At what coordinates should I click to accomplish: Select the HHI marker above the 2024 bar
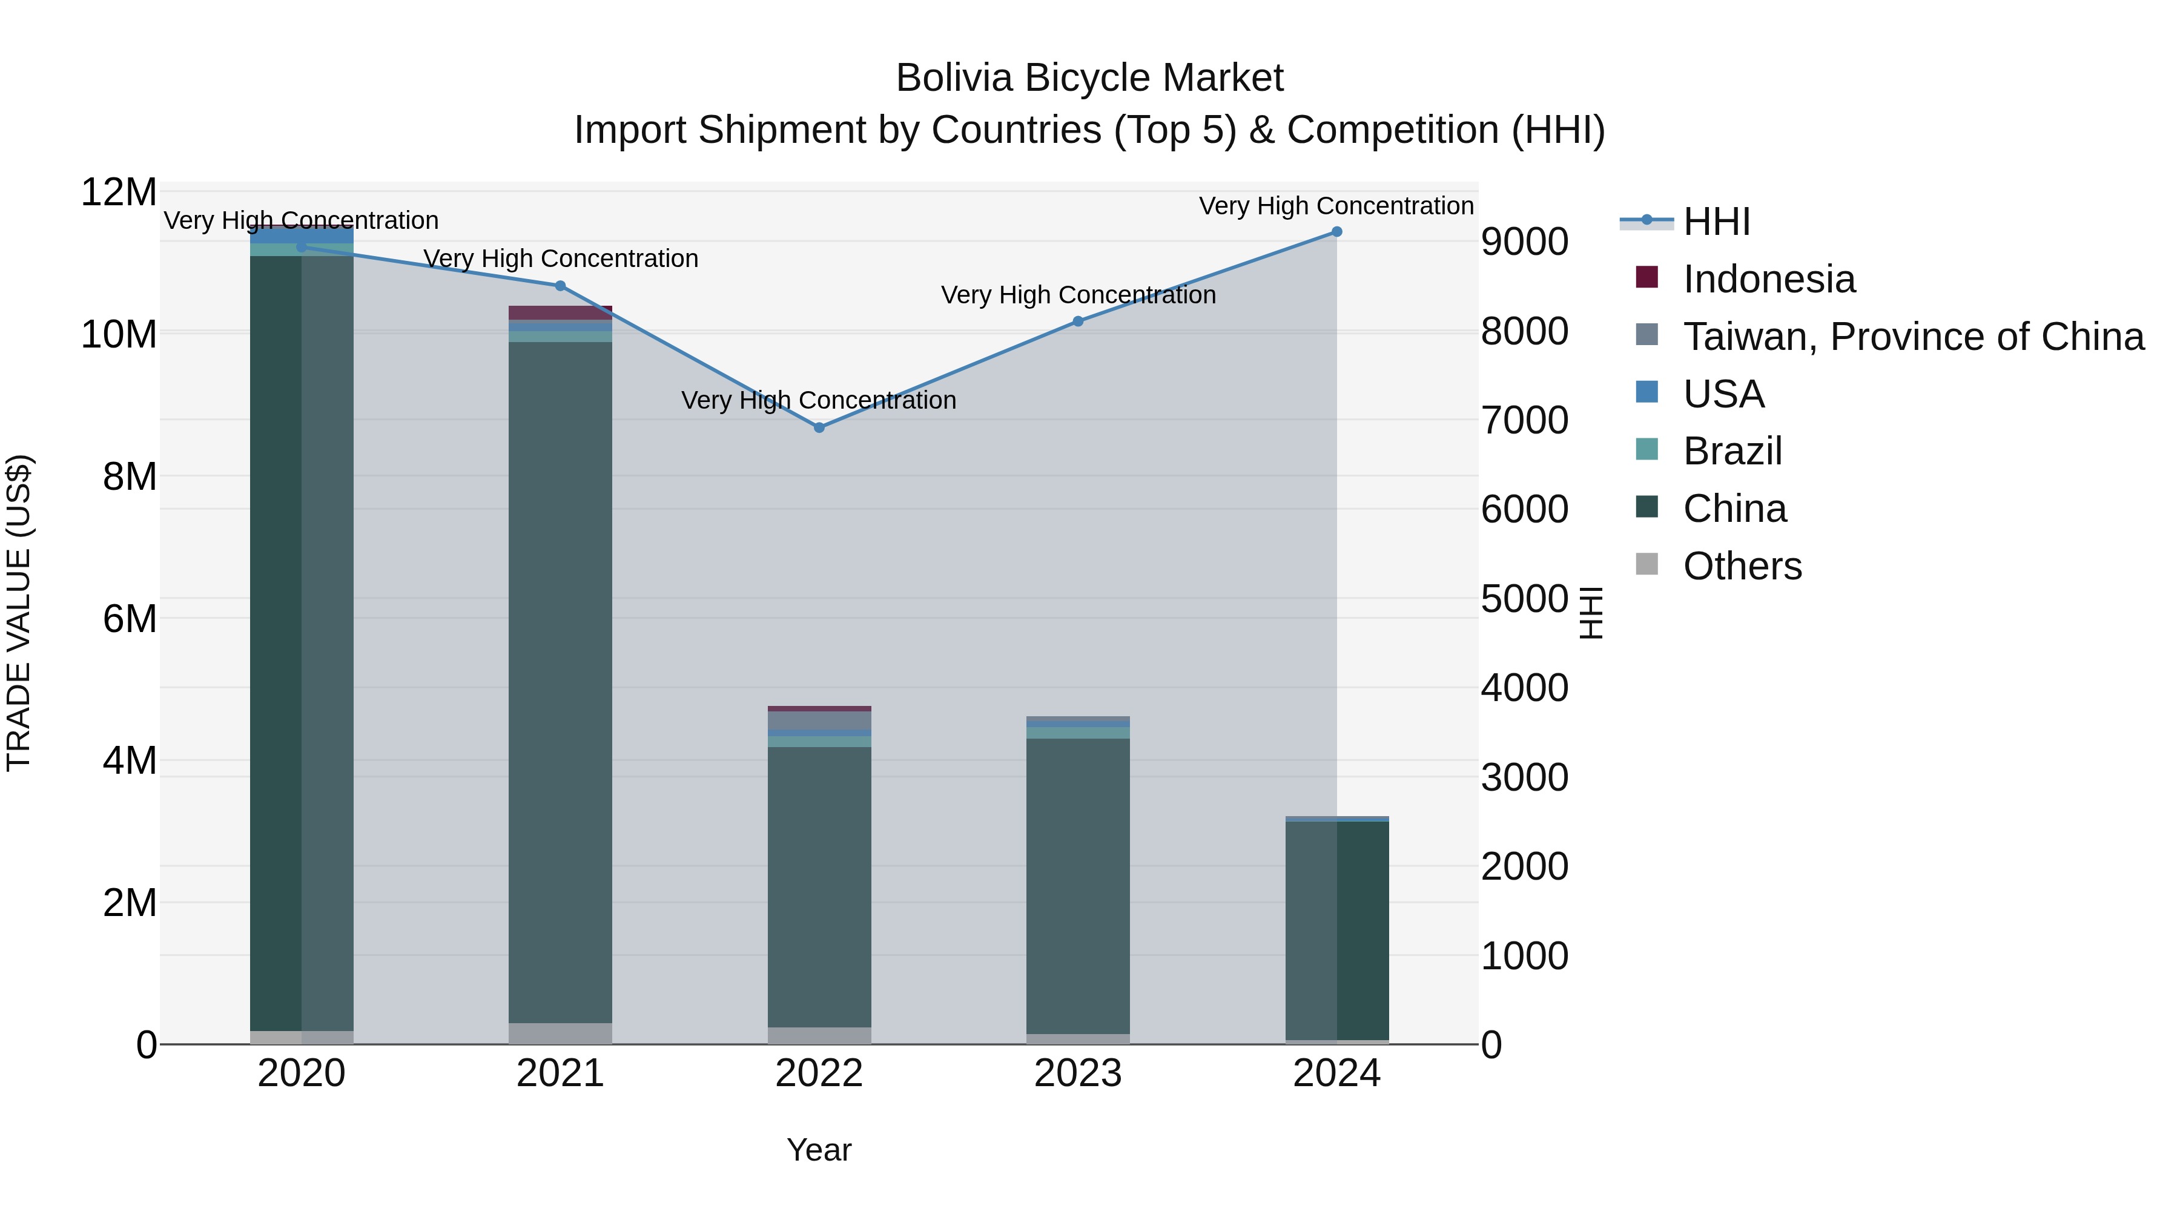coord(1336,232)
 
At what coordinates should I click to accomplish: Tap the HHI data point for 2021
coord(560,286)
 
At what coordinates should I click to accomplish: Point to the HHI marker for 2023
coord(1077,321)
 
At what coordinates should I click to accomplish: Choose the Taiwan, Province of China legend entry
coord(1912,337)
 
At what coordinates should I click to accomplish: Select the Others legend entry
coord(1742,566)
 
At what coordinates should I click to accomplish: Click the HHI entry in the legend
coord(1716,222)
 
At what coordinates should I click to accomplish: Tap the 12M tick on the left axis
coord(119,193)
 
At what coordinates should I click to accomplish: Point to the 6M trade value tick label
coord(130,619)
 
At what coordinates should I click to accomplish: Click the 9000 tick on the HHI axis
coord(1524,242)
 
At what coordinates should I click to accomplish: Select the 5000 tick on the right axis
coord(1524,599)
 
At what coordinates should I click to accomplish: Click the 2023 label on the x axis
coord(1077,1073)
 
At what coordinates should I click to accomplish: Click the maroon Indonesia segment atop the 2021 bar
coord(560,312)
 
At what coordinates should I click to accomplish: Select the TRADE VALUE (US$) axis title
coord(19,613)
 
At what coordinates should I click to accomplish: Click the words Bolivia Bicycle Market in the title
coord(1089,78)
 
